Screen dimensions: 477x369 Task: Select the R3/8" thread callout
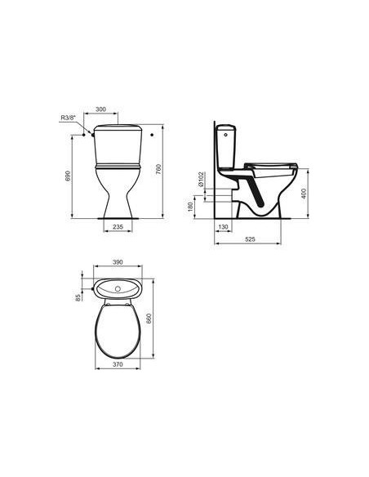[70, 118]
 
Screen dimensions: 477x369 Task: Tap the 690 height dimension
[69, 176]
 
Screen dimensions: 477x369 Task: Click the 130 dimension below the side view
[223, 228]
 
